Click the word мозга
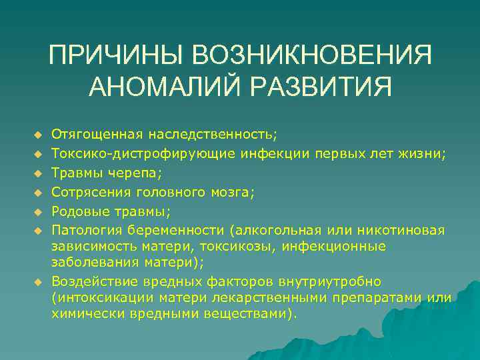click(233, 192)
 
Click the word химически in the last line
click(85, 313)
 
